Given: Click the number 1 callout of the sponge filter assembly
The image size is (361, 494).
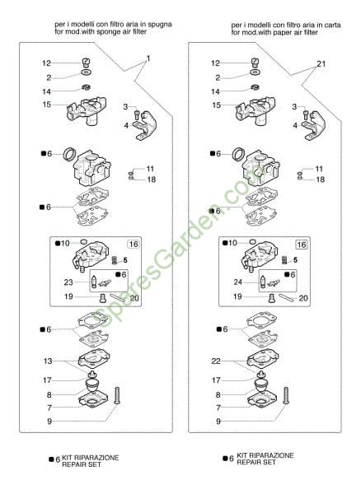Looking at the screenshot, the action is [x=148, y=58].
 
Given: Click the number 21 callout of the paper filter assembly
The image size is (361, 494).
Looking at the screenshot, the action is [x=321, y=64].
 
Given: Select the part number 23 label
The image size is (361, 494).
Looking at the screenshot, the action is [x=68, y=282].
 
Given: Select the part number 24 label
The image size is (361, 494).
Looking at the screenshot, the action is [x=237, y=282].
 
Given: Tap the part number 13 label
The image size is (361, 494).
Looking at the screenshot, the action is [x=48, y=361].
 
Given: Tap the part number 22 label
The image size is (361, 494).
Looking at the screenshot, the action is [x=216, y=361].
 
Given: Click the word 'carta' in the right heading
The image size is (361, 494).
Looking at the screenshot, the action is [x=332, y=25].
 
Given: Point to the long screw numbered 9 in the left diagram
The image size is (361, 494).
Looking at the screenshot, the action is [x=117, y=396].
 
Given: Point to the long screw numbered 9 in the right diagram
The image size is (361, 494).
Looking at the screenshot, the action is [x=286, y=396].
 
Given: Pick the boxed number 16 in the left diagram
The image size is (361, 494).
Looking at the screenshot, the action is [x=134, y=245].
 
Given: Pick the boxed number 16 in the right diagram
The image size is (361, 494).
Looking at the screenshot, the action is [x=302, y=245].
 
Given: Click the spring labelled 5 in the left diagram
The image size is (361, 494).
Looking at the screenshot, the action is [x=115, y=260].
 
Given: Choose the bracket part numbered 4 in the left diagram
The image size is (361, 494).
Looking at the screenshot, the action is [x=144, y=126].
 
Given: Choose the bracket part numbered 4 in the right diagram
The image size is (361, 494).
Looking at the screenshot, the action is [x=313, y=126].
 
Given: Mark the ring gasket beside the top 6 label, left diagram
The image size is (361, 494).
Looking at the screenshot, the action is [x=69, y=154].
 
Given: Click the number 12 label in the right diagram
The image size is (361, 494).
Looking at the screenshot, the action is [x=215, y=63].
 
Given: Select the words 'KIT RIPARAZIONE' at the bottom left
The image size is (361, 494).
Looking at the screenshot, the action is [x=91, y=458].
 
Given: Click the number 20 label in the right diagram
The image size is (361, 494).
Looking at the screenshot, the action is [x=303, y=298].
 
